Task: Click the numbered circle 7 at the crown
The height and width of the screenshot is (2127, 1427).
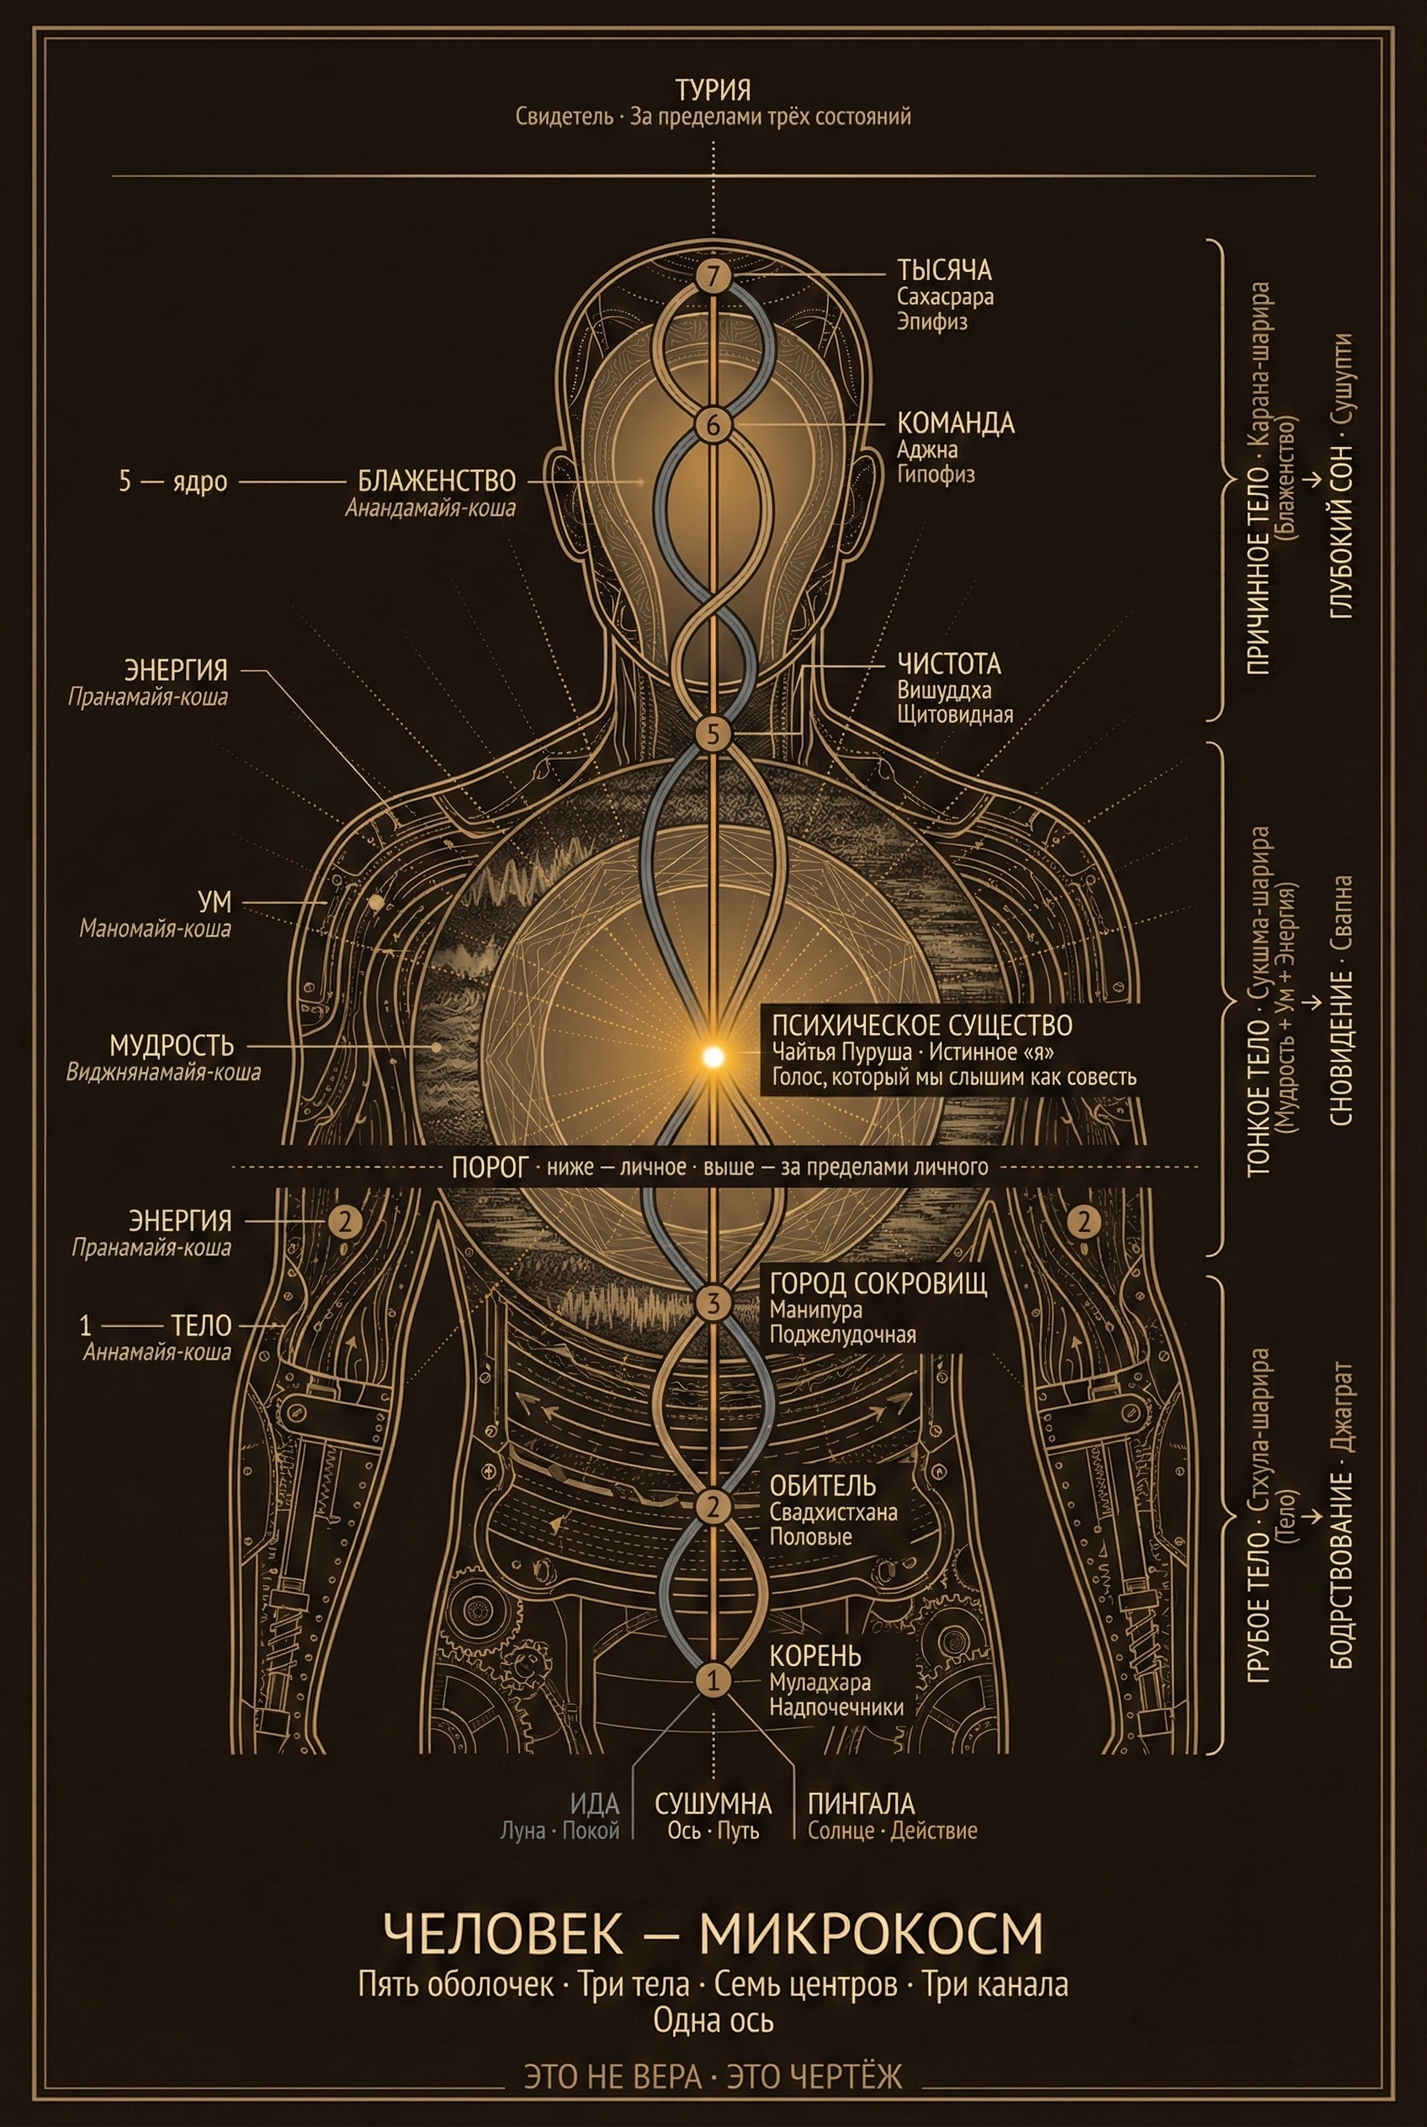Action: [x=713, y=276]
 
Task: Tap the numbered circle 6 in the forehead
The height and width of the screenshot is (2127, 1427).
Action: [x=713, y=424]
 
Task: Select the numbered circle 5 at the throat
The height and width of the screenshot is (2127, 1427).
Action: [x=713, y=732]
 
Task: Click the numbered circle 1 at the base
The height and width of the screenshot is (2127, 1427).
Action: [x=713, y=1679]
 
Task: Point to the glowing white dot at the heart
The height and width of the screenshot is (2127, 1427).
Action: [x=713, y=1056]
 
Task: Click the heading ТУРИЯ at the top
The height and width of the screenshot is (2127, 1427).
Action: [x=713, y=90]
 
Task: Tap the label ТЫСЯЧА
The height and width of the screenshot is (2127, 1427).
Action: [x=944, y=270]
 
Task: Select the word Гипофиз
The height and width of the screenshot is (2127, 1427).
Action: [x=936, y=475]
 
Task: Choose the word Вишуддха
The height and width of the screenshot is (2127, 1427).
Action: [x=944, y=690]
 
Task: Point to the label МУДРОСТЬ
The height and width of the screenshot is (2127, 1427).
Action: [x=172, y=1045]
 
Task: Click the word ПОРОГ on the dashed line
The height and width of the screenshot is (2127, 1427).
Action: [x=489, y=1168]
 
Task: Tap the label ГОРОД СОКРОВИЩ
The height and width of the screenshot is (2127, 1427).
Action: [x=878, y=1283]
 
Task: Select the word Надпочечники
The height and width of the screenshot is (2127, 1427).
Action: [x=836, y=1706]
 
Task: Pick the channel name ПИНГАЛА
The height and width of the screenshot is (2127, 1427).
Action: [x=861, y=1803]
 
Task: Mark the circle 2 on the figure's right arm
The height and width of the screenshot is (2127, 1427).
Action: [x=345, y=1221]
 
